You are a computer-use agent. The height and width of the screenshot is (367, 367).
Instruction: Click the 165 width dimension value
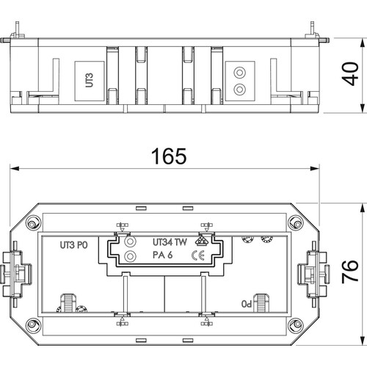[x=169, y=156]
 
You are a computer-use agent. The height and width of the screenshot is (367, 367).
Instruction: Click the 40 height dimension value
[x=350, y=74]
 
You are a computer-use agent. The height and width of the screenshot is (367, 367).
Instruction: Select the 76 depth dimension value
[x=350, y=272]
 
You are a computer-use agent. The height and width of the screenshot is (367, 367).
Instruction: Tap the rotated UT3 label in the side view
[x=90, y=80]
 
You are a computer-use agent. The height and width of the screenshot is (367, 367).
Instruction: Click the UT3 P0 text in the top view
[x=73, y=245]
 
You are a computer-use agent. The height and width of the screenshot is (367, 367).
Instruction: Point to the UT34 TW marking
[x=170, y=242]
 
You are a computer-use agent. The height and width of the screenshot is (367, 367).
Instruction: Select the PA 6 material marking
[x=163, y=255]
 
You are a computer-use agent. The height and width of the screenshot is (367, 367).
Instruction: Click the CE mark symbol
[x=198, y=256]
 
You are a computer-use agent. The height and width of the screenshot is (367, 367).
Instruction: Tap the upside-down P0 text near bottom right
[x=247, y=304]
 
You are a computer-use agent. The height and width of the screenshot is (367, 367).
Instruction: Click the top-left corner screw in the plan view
[x=32, y=224]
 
